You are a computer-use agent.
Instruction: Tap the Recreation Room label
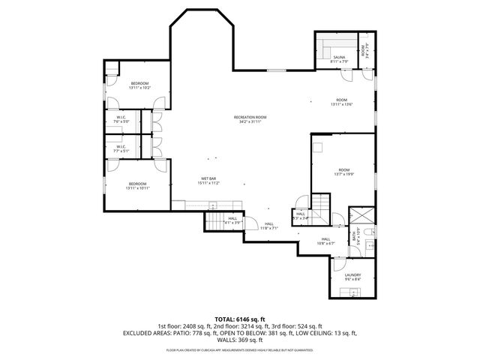pos(250,118)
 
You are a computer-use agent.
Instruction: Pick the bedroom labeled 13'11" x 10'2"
pos(139,85)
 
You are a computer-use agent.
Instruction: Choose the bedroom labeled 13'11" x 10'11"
pos(139,186)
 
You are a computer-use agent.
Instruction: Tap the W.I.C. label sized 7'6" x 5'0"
pos(121,119)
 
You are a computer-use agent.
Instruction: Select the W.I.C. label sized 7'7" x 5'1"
pos(121,148)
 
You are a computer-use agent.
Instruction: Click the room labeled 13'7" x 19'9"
pos(343,172)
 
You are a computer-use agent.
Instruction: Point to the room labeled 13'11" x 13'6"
pos(341,102)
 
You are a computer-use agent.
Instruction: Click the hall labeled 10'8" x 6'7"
pos(325,241)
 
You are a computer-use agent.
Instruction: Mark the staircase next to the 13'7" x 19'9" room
pos(321,204)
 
